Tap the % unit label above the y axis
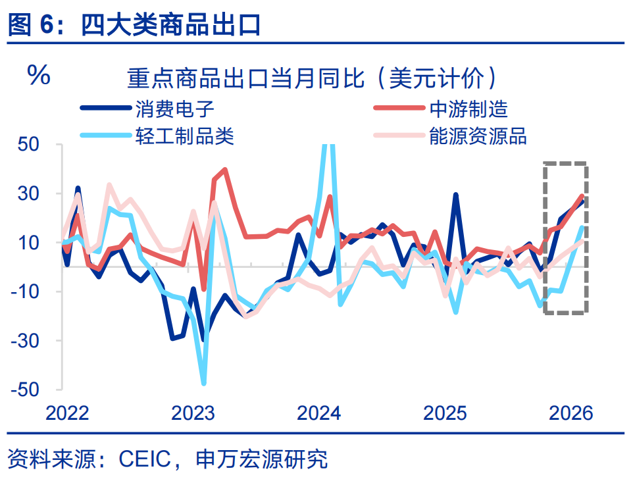(x=38, y=76)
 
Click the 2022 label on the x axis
(x=67, y=413)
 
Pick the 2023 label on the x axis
(x=193, y=413)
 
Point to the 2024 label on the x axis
(x=319, y=413)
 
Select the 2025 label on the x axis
(x=445, y=413)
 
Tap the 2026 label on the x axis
(x=570, y=413)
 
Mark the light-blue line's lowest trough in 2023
(x=204, y=383)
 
